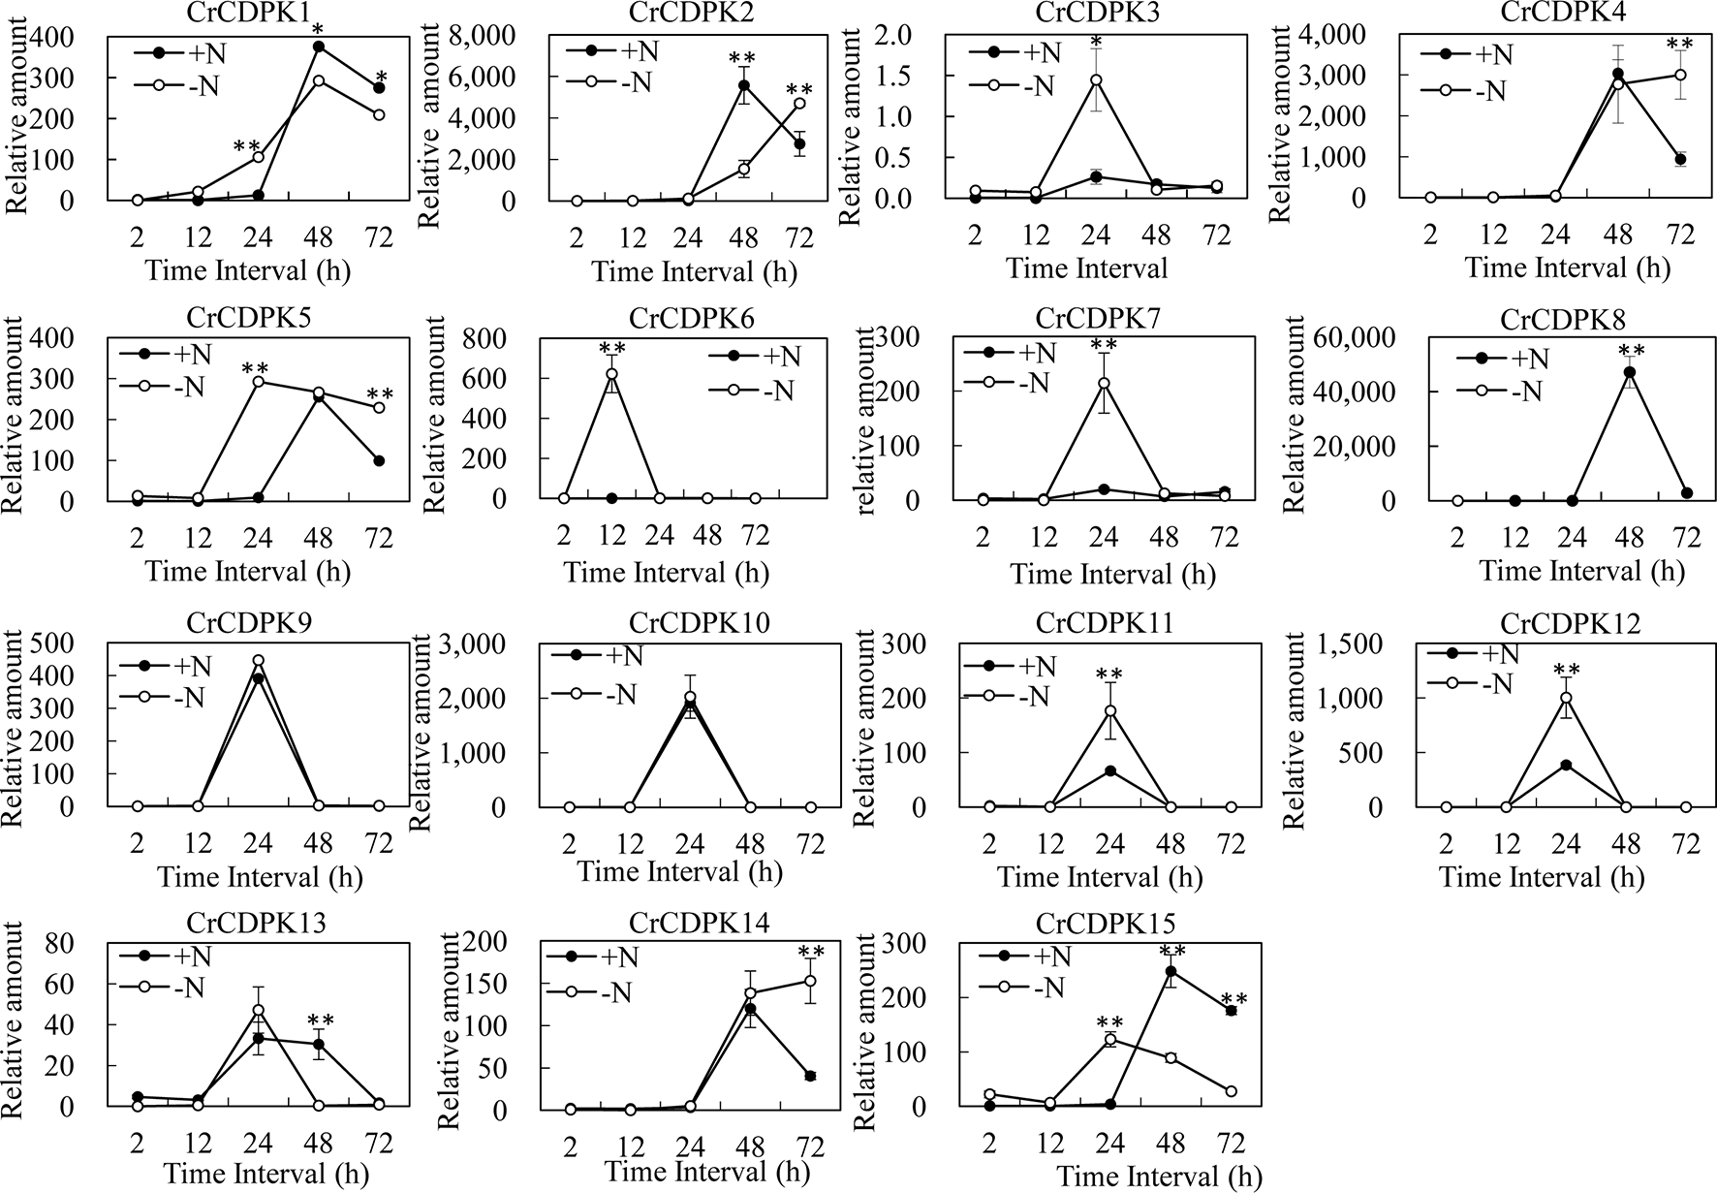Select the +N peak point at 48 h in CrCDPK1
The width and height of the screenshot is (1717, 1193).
[318, 47]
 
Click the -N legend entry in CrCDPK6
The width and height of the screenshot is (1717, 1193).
[765, 392]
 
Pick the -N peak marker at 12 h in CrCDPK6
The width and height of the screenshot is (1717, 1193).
[611, 374]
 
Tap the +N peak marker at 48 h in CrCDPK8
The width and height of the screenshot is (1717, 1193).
[1630, 372]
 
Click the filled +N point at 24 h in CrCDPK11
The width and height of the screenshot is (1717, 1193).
[1110, 771]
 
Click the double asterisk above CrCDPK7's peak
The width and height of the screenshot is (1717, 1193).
[1104, 347]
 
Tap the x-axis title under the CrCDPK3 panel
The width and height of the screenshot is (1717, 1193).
[1087, 268]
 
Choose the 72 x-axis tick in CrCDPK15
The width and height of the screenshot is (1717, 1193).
[1231, 1144]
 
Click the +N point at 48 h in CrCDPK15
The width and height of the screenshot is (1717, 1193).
[1171, 971]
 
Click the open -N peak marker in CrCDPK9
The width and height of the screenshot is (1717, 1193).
[258, 661]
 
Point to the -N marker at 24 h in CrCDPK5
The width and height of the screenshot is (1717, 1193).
[258, 382]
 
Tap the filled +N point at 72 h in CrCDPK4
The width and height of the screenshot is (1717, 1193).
[1681, 159]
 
